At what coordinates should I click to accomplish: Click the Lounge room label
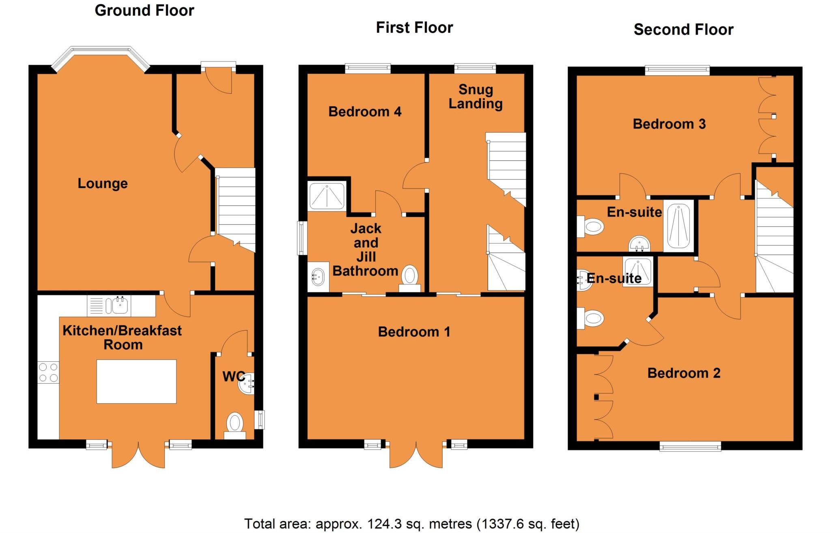click(x=103, y=183)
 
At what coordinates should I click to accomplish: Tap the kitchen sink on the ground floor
click(x=118, y=305)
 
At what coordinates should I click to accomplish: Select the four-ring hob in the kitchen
click(x=48, y=372)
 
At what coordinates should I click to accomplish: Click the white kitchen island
click(x=136, y=381)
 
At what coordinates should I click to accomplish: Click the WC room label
click(x=233, y=376)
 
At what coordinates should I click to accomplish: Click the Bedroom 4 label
click(x=365, y=112)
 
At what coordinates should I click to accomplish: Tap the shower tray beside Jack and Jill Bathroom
click(x=327, y=196)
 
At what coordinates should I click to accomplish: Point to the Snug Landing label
click(x=476, y=97)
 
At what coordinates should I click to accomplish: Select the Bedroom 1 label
click(x=414, y=332)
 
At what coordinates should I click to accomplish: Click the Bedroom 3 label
click(x=669, y=124)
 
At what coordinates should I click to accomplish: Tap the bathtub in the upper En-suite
click(x=678, y=226)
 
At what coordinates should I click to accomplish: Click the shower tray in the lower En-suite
click(x=638, y=271)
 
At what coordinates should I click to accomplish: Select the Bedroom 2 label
click(x=684, y=373)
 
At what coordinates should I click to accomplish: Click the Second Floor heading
click(x=683, y=30)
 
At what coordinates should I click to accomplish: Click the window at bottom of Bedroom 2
click(x=690, y=447)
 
